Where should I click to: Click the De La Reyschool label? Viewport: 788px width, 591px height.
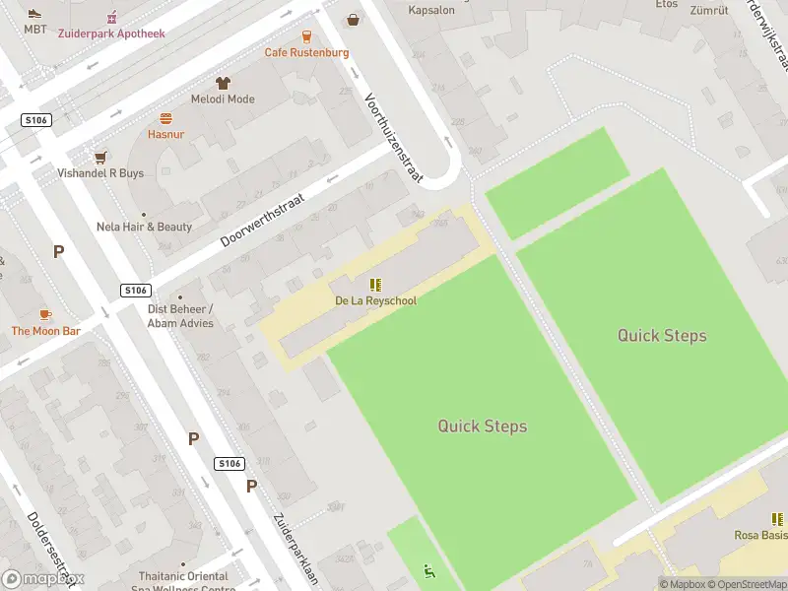375,300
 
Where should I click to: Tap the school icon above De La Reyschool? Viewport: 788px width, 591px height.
375,284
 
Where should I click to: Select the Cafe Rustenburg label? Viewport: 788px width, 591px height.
306,52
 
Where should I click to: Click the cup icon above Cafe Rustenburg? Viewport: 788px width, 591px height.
306,35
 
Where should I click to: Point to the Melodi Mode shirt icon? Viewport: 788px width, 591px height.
223,83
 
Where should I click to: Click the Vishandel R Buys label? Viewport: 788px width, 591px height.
99,173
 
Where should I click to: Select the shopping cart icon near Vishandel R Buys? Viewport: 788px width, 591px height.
99,157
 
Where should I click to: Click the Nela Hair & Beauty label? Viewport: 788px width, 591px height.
144,227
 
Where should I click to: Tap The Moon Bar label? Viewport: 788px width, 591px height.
45,331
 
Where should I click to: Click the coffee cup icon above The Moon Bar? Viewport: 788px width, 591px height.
45,314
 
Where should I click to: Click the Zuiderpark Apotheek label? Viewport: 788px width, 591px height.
111,33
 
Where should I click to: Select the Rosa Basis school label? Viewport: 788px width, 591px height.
760,535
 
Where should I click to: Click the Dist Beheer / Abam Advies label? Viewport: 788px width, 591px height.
180,315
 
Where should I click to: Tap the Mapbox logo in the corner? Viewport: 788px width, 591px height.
43,579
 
